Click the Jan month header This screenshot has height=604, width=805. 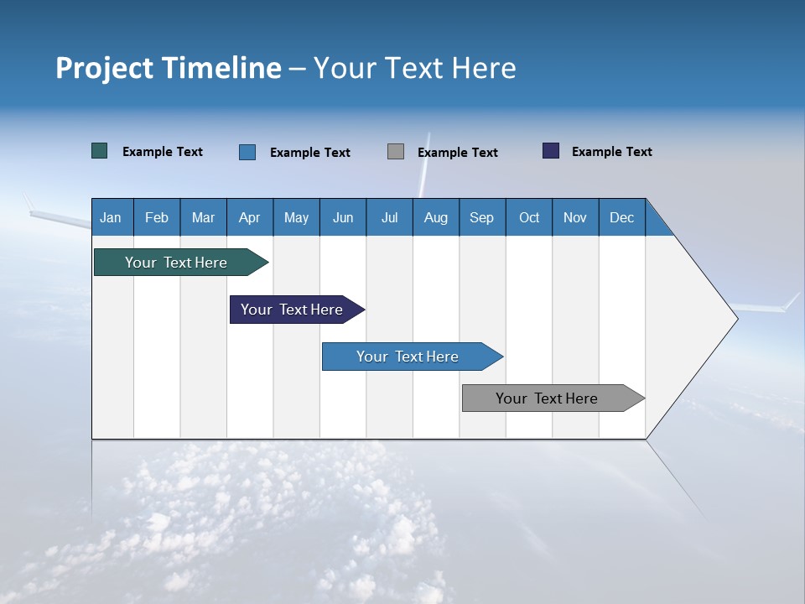coord(112,217)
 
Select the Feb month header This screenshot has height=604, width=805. coord(157,217)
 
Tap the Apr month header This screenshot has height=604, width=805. coord(250,217)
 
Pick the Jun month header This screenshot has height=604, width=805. coord(343,217)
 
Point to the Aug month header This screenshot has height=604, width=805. coord(436,217)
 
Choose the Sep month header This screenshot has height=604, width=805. coord(482,217)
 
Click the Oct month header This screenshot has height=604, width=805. coord(529,217)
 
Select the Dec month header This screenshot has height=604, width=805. coord(622,217)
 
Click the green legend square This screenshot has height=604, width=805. coord(100,151)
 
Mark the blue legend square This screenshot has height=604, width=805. coord(247,152)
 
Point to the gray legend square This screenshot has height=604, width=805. coord(396,152)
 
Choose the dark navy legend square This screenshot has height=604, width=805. coord(551,151)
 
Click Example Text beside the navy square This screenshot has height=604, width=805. coord(612,152)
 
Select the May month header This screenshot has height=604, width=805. coord(296,217)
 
